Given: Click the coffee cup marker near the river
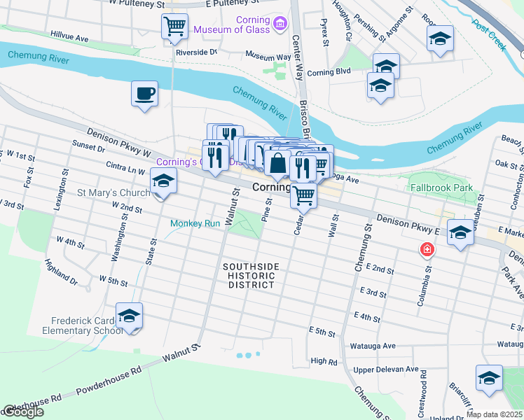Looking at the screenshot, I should point(144,94).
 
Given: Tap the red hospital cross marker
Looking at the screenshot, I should point(425,249).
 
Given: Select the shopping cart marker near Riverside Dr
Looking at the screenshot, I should point(174,27).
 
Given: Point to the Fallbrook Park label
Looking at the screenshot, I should point(441,188).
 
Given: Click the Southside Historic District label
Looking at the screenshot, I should point(251,276).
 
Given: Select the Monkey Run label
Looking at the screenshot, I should point(195,223).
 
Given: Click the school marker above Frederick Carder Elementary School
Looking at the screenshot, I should point(129,316).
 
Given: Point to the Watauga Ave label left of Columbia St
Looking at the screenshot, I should point(373,346).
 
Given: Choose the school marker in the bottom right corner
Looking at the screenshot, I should point(489,378).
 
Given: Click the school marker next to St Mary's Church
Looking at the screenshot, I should point(163,182).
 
